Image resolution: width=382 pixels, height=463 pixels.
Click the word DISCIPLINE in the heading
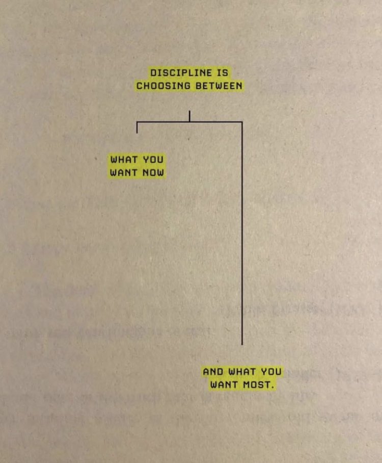pos(181,72)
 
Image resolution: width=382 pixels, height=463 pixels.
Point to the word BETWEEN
pos(219,86)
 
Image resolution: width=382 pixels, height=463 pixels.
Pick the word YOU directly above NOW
pos(153,160)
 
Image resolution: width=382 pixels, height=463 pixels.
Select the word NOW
pos(153,172)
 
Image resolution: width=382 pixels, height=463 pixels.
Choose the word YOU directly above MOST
pos(271,372)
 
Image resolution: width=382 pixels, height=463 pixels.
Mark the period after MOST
pos(272,388)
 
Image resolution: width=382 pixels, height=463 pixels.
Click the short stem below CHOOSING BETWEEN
pos(189,116)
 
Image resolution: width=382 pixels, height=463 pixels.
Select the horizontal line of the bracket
pos(189,122)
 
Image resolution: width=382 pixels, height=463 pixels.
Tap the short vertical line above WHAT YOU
pos(137,127)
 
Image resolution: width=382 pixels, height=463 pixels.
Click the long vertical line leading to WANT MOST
pos(242,233)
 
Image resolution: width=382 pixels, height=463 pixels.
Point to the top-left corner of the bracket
pos(137,122)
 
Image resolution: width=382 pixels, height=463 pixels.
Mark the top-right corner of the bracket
pos(242,122)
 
